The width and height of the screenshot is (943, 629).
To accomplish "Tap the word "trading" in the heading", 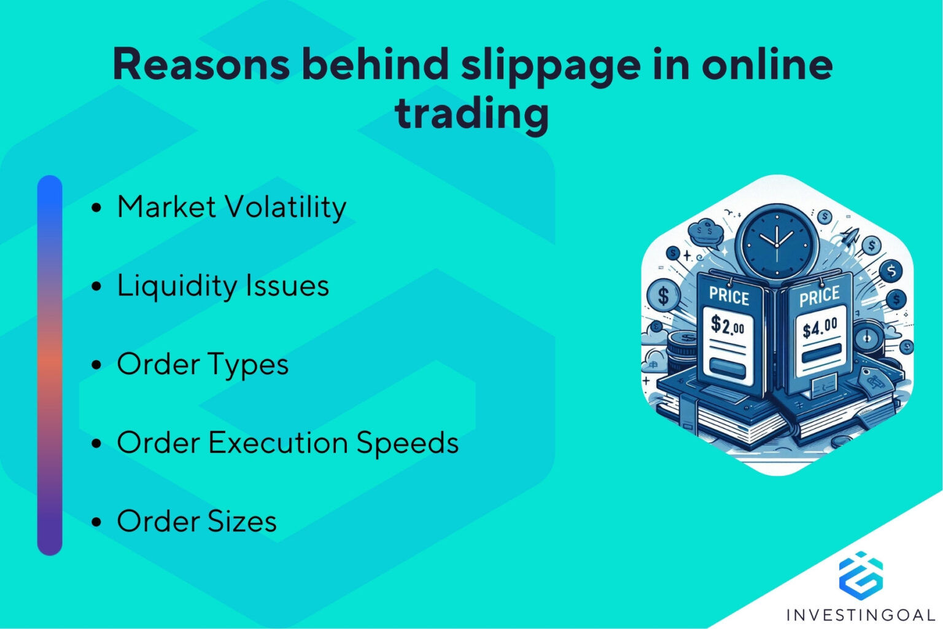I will click(x=471, y=114).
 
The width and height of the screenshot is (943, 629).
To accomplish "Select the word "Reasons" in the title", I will click(x=201, y=64).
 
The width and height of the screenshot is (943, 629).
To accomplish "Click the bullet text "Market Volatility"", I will click(x=231, y=207).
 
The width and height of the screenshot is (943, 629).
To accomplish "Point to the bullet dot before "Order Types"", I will click(x=96, y=365).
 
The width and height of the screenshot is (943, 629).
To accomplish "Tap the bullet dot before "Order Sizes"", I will click(x=96, y=522).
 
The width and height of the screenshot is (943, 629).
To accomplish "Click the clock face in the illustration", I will click(x=777, y=243).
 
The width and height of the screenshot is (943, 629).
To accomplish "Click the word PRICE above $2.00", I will click(x=729, y=296).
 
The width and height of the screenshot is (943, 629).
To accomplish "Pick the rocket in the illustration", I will click(x=852, y=236).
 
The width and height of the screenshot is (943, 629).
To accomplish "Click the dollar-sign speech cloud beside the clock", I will click(x=705, y=233).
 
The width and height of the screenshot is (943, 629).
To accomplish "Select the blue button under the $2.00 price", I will click(x=727, y=369).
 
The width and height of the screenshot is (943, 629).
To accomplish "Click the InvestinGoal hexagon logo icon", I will click(x=861, y=574).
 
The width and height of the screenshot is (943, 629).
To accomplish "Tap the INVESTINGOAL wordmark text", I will click(x=861, y=614).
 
